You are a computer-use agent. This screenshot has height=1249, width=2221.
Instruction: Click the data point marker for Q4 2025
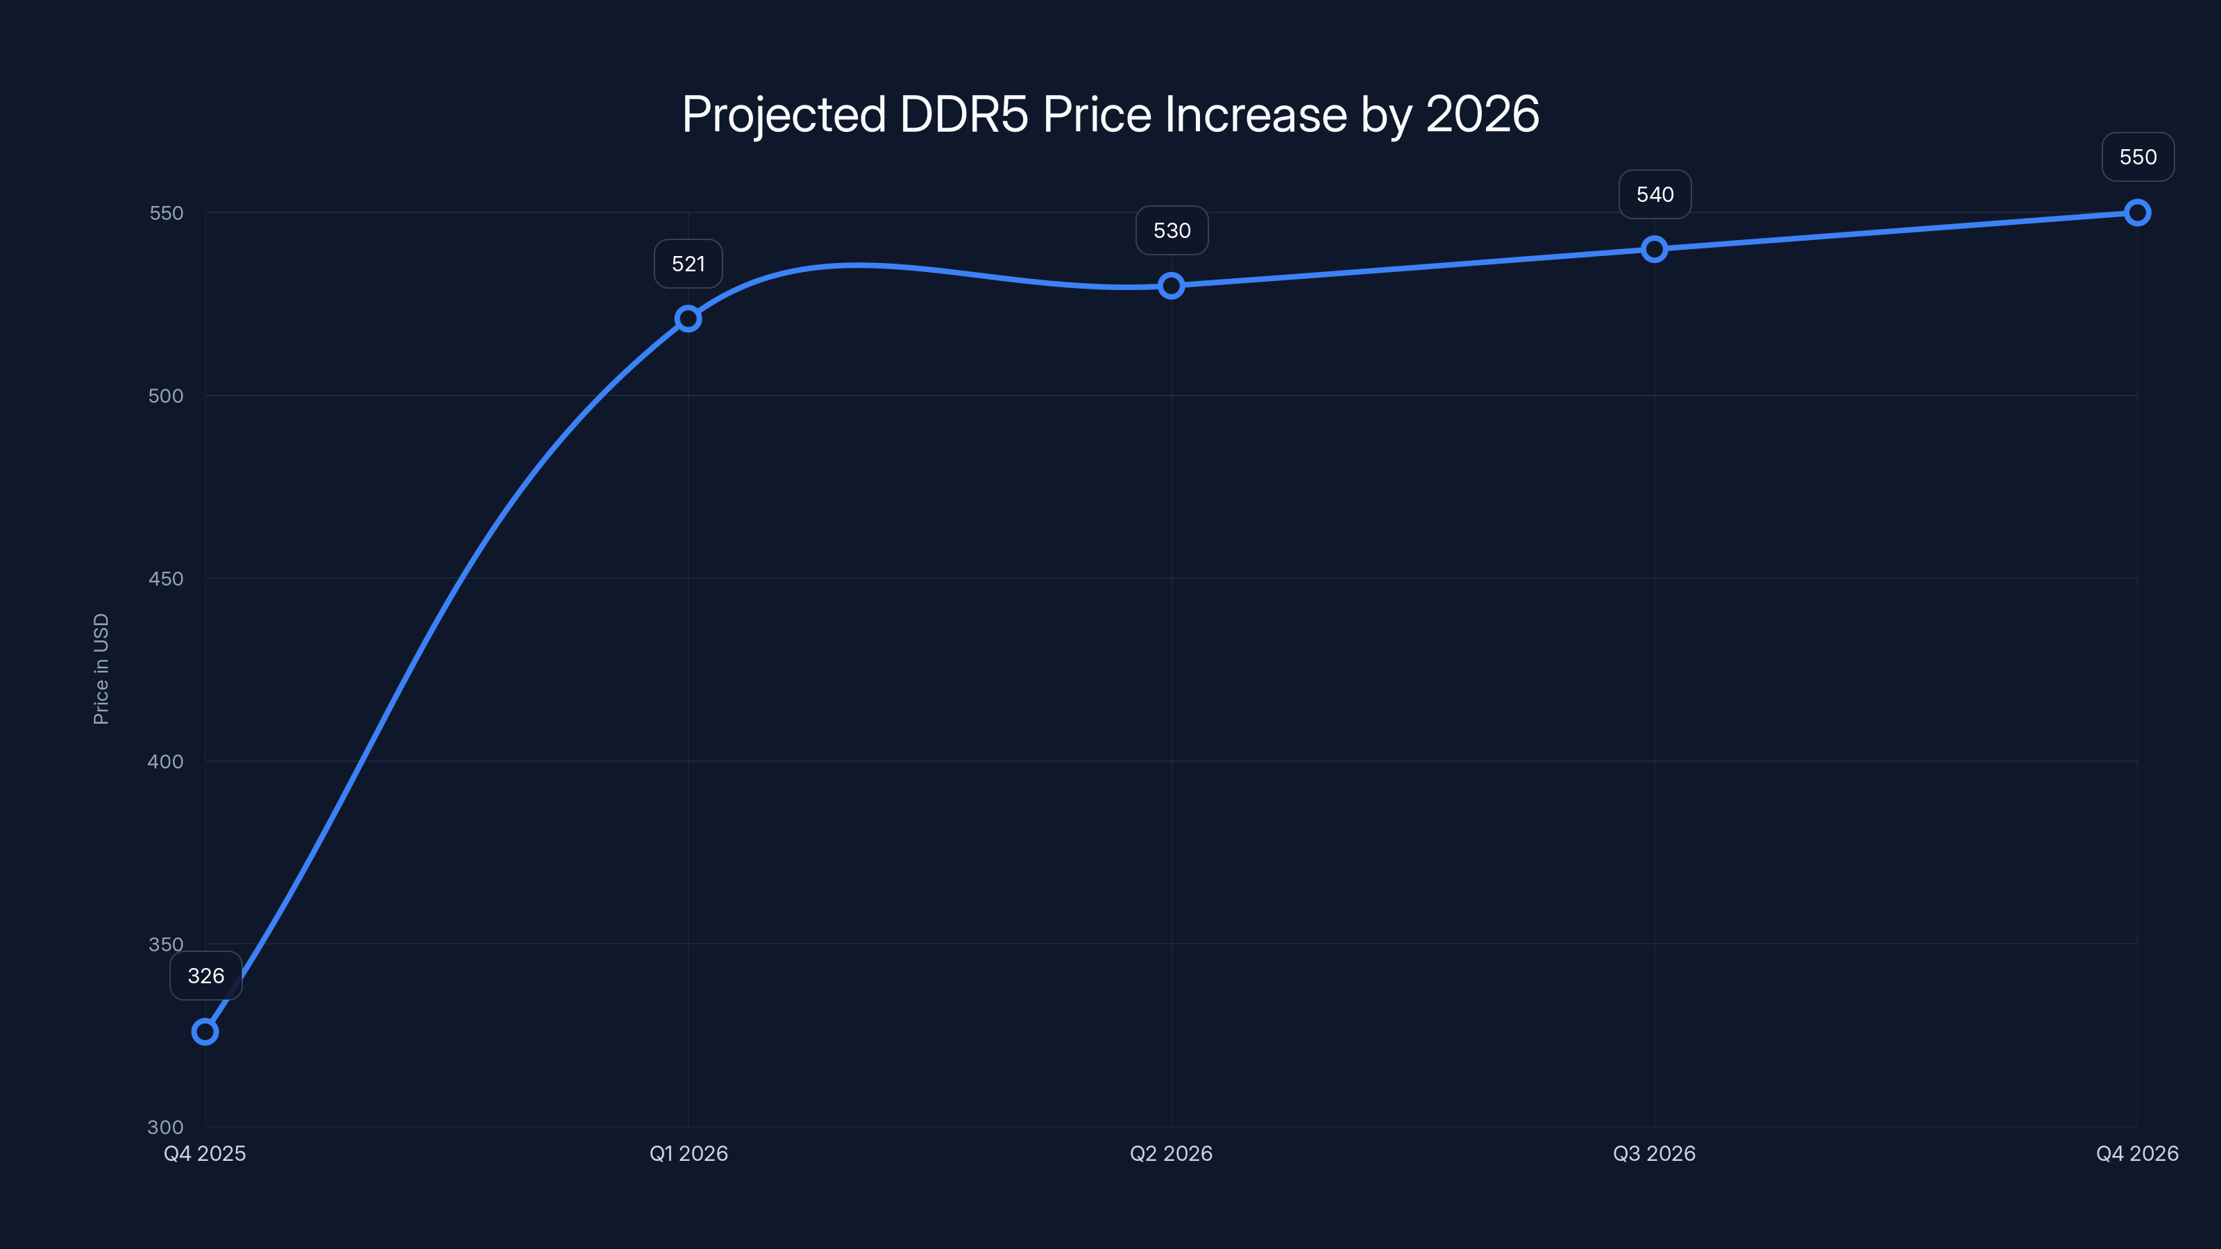point(205,1031)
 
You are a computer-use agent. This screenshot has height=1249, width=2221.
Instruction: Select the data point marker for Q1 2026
point(688,319)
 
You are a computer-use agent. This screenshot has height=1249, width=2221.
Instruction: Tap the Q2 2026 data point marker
point(1171,285)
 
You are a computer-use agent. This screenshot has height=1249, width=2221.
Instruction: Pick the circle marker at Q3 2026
point(1654,249)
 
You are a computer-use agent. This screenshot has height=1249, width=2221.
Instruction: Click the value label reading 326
point(206,976)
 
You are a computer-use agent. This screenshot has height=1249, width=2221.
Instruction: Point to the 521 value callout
point(688,264)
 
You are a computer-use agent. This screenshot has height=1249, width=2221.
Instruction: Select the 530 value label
point(1172,230)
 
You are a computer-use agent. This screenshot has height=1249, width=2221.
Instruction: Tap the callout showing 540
point(1655,194)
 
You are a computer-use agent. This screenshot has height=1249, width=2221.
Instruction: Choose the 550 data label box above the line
point(2138,157)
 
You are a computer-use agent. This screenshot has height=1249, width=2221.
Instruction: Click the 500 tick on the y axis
point(166,396)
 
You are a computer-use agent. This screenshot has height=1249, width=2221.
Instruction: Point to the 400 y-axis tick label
point(166,761)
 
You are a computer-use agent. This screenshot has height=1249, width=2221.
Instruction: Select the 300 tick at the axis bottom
point(166,1127)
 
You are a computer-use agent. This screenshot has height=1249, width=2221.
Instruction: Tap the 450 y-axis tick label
point(166,579)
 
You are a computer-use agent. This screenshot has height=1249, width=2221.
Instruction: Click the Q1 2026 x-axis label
point(688,1153)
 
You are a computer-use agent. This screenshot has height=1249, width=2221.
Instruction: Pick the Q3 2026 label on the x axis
point(1654,1153)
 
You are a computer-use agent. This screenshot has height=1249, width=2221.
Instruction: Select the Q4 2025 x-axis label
point(205,1153)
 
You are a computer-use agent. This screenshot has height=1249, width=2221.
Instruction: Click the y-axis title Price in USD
point(101,669)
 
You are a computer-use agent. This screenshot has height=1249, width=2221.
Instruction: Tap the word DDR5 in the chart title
point(964,114)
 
